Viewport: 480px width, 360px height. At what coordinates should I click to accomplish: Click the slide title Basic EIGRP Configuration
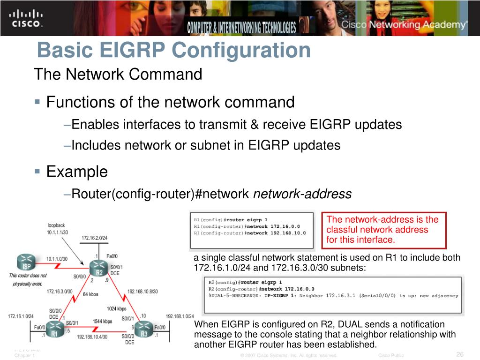point(173,50)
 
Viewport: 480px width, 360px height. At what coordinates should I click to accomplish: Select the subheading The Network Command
point(118,74)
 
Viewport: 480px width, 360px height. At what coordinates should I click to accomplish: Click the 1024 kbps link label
point(116,308)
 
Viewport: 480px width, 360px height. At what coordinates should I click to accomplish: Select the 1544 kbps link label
point(102,321)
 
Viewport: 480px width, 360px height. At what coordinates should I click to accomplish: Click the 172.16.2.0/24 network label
point(94,238)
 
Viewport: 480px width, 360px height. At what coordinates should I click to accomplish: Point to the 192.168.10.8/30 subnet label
point(142,291)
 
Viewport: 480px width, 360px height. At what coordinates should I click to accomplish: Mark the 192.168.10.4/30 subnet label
point(92,337)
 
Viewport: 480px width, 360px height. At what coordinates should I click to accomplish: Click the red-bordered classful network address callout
point(383,230)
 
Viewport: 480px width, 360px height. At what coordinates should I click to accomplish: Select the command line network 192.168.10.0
point(250,233)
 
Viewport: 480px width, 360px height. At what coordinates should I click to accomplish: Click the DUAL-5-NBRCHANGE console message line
point(333,296)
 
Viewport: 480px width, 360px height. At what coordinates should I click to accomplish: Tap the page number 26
point(459,354)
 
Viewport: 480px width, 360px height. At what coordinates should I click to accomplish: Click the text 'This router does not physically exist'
point(28,279)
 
